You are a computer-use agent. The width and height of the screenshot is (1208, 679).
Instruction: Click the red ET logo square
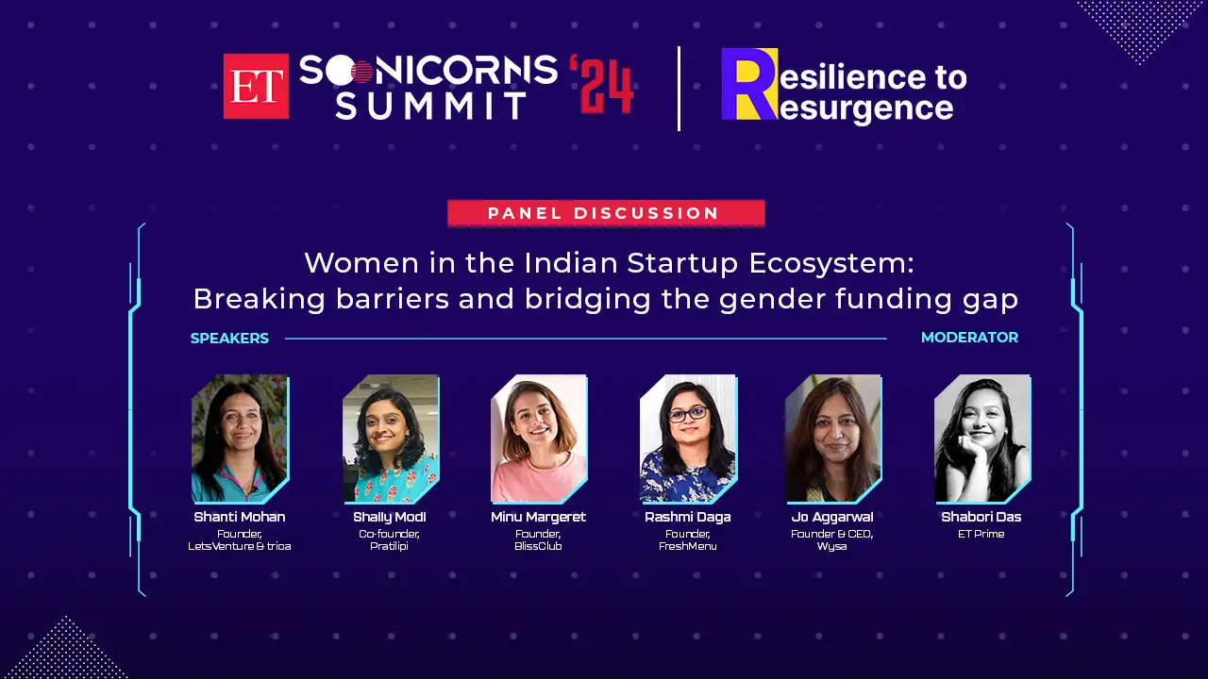click(256, 86)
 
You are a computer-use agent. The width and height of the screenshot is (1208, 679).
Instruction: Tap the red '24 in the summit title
click(601, 85)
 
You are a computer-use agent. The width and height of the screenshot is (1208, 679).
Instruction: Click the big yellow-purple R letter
click(750, 84)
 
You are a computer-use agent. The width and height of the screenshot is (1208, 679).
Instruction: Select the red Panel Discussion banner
click(606, 213)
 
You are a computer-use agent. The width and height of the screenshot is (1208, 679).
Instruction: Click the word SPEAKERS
click(229, 339)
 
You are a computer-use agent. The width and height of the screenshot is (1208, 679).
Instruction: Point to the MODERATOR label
click(969, 338)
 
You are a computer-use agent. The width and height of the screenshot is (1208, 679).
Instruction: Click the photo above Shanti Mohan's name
click(241, 439)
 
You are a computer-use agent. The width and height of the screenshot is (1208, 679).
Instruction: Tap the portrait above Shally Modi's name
click(391, 439)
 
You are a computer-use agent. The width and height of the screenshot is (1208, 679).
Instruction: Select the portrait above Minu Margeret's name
click(539, 439)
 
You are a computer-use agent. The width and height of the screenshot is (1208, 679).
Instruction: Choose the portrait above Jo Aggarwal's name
click(833, 439)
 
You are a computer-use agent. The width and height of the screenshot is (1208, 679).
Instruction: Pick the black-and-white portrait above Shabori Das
click(982, 439)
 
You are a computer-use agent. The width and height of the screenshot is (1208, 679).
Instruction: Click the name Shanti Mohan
click(240, 517)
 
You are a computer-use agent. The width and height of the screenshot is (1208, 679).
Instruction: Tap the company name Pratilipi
click(390, 546)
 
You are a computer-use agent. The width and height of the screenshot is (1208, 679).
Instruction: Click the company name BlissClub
click(538, 546)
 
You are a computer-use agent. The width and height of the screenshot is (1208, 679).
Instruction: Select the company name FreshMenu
click(688, 546)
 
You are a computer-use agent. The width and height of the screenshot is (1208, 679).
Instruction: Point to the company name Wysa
click(831, 547)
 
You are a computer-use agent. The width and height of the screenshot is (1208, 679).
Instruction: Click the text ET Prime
click(981, 534)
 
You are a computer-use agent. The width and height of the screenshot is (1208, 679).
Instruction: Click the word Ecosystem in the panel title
click(831, 263)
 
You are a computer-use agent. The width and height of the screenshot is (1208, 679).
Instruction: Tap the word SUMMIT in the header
click(431, 106)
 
